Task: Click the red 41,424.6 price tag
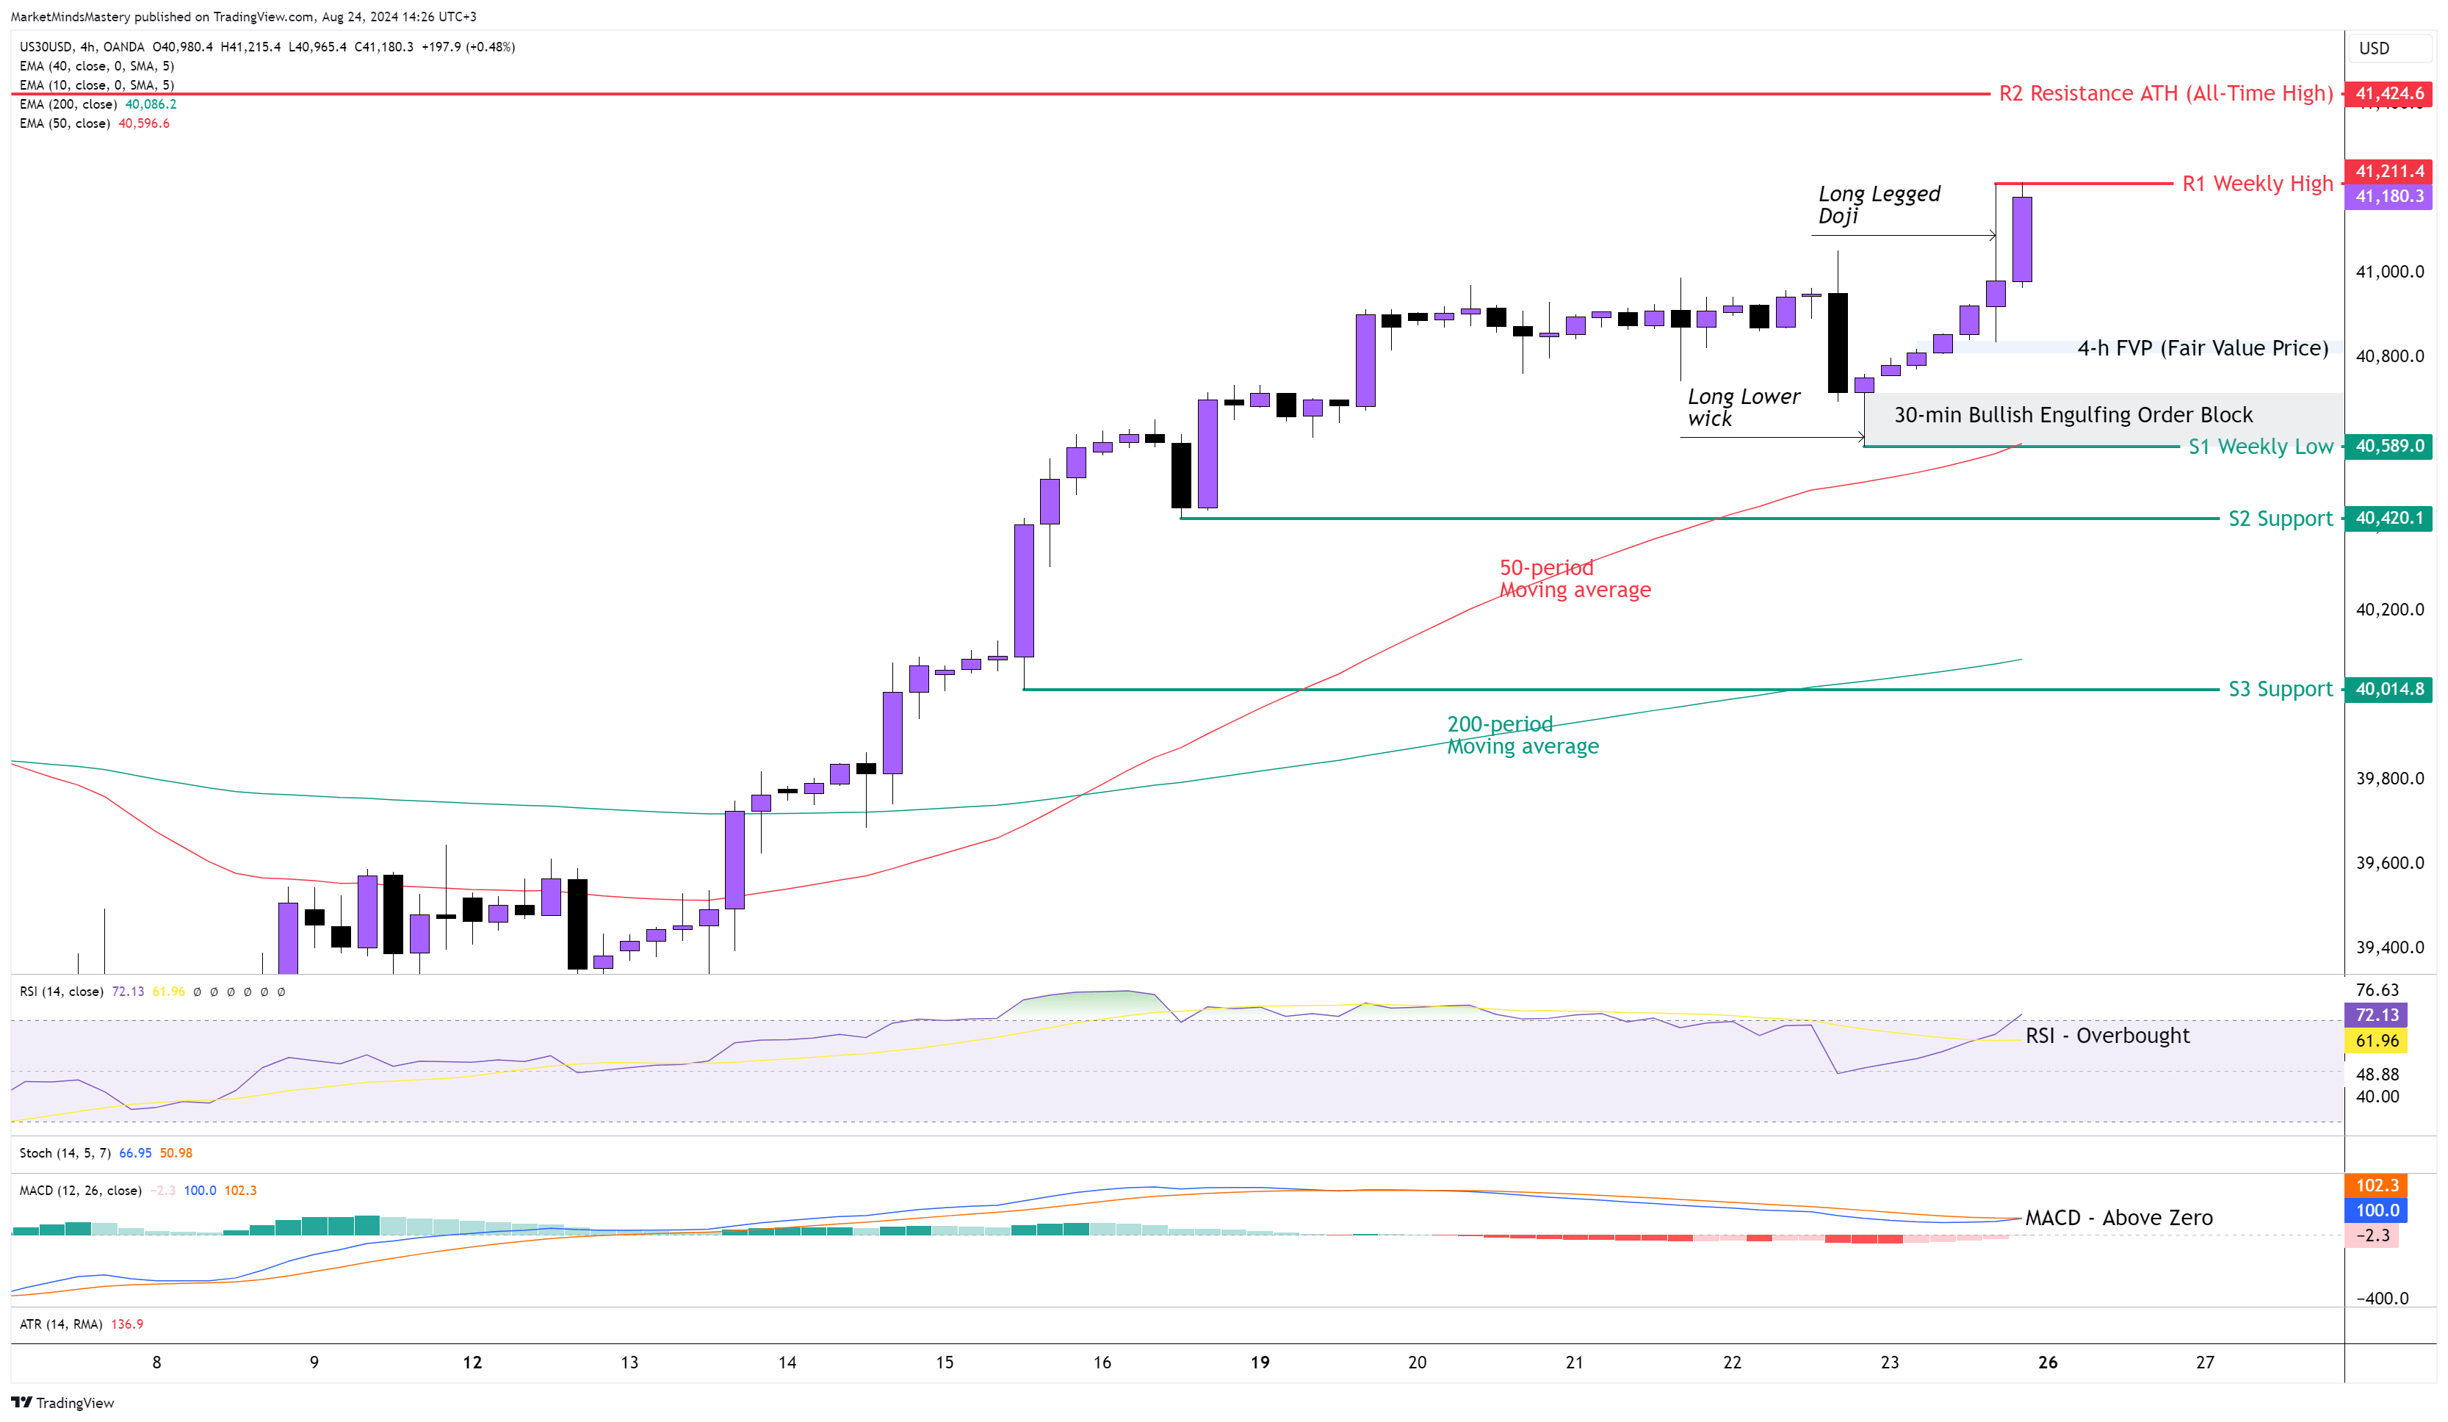[2388, 93]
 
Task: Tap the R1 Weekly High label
[2256, 184]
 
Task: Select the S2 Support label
[2279, 519]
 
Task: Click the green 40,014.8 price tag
[2388, 690]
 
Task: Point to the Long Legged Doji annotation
[1878, 205]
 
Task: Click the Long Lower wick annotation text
[1743, 408]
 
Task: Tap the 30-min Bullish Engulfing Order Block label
[2072, 416]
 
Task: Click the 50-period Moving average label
[1574, 579]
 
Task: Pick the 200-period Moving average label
[1523, 735]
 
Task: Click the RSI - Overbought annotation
[2107, 1036]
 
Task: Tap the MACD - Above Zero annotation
[2119, 1218]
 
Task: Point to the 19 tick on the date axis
[1260, 1363]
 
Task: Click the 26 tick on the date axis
[2048, 1363]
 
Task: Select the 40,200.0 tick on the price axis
[2389, 610]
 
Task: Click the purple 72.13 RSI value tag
[2377, 1015]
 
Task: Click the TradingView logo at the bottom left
[62, 1403]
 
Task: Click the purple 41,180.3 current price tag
[2389, 196]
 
